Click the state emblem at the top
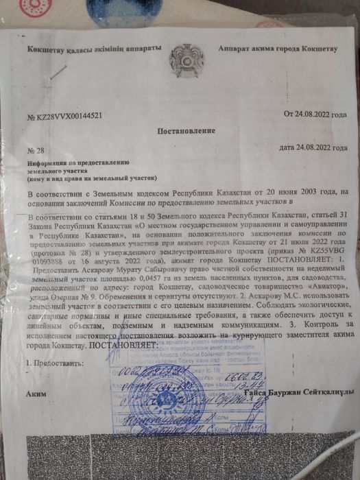click(181, 60)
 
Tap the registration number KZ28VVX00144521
click(65, 116)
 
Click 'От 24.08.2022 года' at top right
click(315, 113)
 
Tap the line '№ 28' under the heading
click(34, 149)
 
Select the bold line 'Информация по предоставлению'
click(73, 163)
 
